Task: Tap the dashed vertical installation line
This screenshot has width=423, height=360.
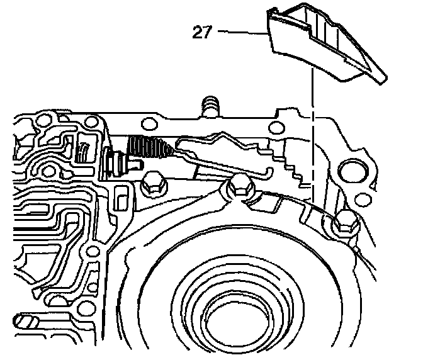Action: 310,126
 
